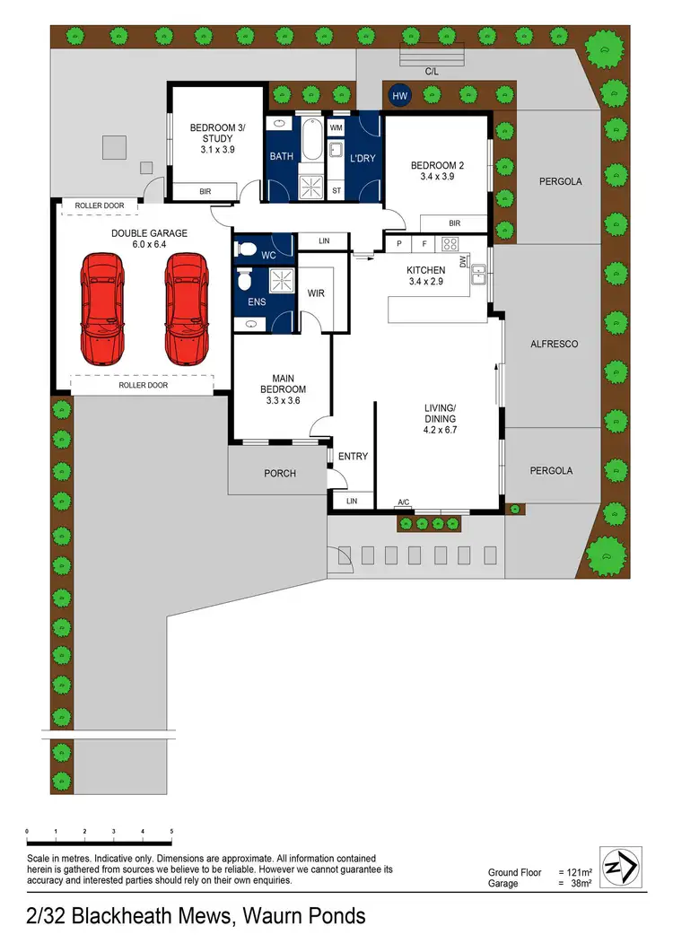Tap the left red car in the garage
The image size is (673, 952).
pyautogui.click(x=101, y=307)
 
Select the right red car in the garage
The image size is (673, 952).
pyautogui.click(x=187, y=307)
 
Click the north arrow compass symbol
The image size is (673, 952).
pyautogui.click(x=620, y=868)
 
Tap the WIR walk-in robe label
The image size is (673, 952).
pyautogui.click(x=315, y=293)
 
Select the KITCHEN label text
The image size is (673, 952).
pyautogui.click(x=425, y=270)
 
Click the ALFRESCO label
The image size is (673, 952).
pyautogui.click(x=554, y=344)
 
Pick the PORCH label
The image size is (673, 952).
pyautogui.click(x=280, y=473)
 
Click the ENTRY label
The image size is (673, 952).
pyautogui.click(x=354, y=456)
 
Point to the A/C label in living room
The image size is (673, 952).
pyautogui.click(x=404, y=502)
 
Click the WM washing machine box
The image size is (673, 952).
pyautogui.click(x=336, y=128)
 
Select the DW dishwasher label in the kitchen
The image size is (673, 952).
pyautogui.click(x=463, y=261)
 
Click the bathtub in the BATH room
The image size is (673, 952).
pyautogui.click(x=310, y=140)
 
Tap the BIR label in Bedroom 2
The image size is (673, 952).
pyautogui.click(x=454, y=223)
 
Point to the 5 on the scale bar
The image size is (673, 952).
pyautogui.click(x=170, y=833)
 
